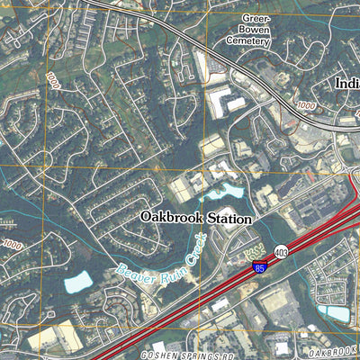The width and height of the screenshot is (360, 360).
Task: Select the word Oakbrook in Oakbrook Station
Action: coord(170,218)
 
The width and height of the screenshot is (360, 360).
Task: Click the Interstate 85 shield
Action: coord(258,266)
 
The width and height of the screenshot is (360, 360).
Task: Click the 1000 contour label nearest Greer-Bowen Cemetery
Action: coord(305,106)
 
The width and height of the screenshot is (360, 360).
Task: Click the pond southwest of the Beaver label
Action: coord(77,282)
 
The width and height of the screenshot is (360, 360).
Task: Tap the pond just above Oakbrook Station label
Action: coord(222,192)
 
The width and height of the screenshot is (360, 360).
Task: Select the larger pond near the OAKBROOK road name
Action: coord(335,312)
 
